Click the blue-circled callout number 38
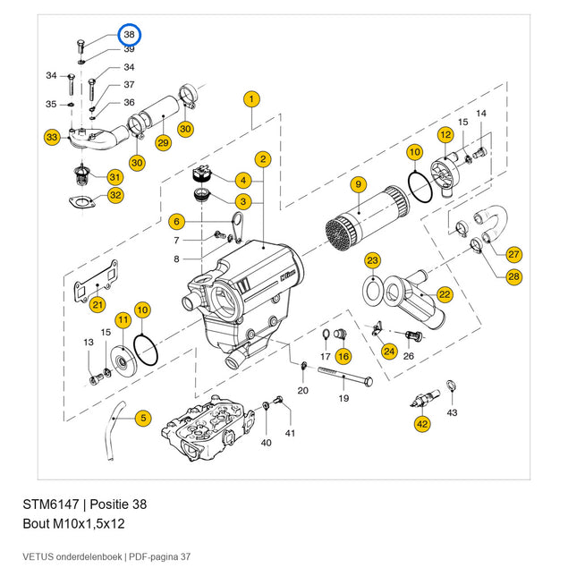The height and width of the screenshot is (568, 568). (x=129, y=35)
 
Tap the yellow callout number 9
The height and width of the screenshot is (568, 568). (x=359, y=185)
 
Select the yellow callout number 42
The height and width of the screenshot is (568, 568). (x=422, y=424)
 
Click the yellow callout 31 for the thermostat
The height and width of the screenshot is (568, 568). (x=114, y=177)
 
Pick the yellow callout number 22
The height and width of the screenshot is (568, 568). (x=445, y=294)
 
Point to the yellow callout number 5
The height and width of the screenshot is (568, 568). (x=143, y=418)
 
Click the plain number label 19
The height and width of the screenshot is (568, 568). (x=343, y=398)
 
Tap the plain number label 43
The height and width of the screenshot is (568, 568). (x=452, y=412)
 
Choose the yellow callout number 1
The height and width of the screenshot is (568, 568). (x=251, y=99)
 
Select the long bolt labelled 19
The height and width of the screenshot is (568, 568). (x=345, y=377)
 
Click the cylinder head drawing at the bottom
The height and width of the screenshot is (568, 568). (x=208, y=428)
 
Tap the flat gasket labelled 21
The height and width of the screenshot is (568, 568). (x=96, y=282)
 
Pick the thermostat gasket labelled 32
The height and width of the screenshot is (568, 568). (x=82, y=203)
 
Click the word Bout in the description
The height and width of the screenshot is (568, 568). (x=36, y=524)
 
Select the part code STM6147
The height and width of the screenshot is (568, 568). (x=51, y=504)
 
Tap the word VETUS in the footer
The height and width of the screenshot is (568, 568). (x=38, y=556)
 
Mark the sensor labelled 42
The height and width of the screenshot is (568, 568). (x=425, y=398)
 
